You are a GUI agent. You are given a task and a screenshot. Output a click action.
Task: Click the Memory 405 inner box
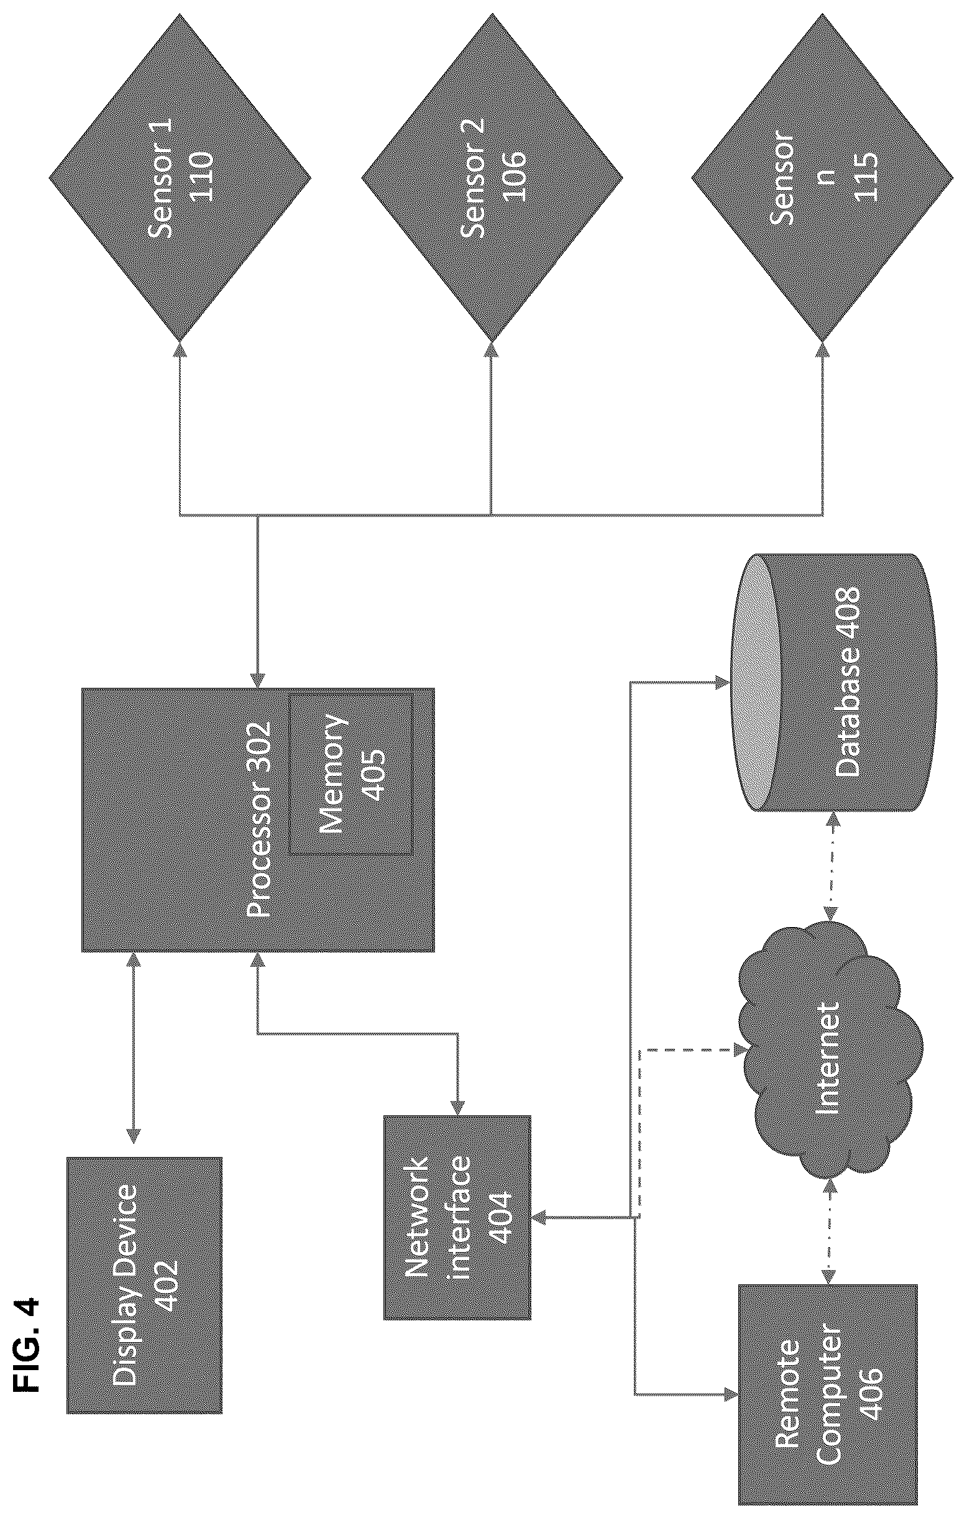coord(351,774)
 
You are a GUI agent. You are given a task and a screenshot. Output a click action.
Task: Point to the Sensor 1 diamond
coord(180,178)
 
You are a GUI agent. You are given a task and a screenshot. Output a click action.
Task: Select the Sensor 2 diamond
coord(492,178)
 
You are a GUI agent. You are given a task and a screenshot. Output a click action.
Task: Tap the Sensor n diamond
coord(823,178)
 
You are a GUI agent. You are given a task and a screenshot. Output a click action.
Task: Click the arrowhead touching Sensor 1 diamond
coord(180,349)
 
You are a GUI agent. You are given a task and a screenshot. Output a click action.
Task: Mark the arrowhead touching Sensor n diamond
coord(823,349)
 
